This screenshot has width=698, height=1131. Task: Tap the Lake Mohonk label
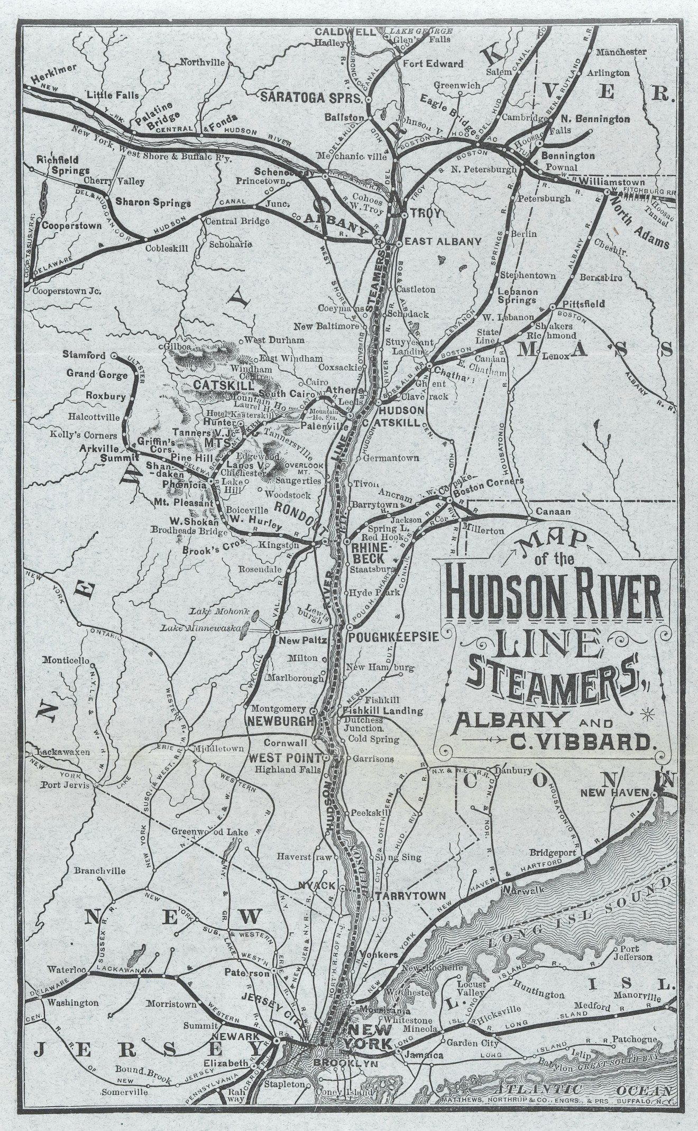coord(206,611)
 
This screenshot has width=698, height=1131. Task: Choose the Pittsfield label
coord(583,305)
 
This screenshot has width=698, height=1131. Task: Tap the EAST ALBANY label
coord(443,242)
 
